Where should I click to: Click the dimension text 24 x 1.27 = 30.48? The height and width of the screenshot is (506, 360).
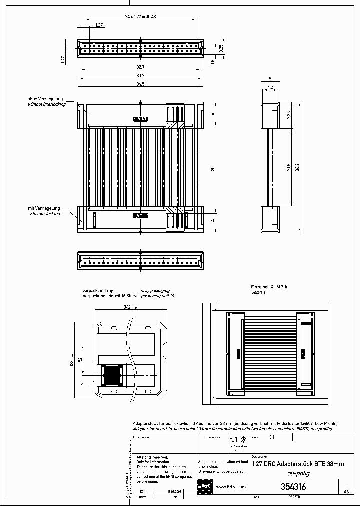140,16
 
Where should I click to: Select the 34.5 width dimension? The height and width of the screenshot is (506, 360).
140,84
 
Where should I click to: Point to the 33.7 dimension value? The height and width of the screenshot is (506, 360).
140,75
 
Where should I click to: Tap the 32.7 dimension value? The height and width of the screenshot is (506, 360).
140,67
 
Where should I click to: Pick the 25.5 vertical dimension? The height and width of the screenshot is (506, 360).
213,166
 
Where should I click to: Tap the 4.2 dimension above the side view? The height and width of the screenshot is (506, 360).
270,87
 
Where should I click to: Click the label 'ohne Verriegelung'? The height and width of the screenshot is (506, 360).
44,99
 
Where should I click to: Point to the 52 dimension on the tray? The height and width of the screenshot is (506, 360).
81,360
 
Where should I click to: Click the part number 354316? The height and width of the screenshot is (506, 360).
293,486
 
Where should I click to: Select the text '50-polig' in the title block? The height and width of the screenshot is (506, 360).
297,473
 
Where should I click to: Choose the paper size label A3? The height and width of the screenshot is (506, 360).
346,492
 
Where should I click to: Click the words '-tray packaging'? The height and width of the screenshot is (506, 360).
155,290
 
